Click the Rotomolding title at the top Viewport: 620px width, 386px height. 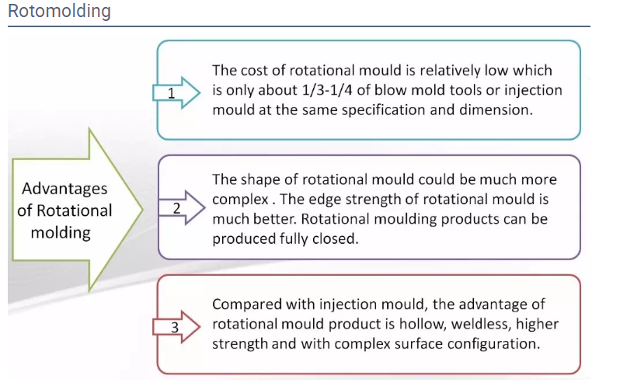click(x=59, y=11)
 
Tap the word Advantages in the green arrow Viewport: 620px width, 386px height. click(x=64, y=190)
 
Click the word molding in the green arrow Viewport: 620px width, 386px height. click(x=61, y=233)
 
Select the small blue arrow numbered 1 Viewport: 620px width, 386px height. click(x=176, y=93)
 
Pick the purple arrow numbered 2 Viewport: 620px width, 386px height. click(x=182, y=208)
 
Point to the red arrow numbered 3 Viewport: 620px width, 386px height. click(x=176, y=327)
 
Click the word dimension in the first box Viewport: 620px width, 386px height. click(x=496, y=110)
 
